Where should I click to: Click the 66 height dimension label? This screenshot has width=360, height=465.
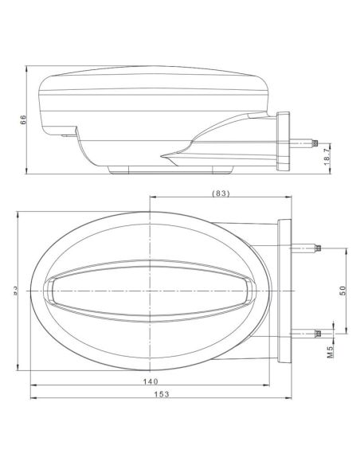[x=24, y=119]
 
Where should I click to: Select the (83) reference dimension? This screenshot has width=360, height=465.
[x=222, y=193]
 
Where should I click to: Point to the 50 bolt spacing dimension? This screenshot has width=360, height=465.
[x=343, y=290]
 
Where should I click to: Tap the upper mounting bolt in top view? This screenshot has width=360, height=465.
[x=307, y=248]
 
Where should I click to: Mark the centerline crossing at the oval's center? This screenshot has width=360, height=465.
[x=150, y=291]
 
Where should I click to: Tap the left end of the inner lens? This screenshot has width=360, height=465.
[x=49, y=291]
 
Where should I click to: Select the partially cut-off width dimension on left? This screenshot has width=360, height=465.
[x=14, y=291]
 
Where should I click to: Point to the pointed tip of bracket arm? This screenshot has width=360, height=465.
[x=162, y=154]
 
